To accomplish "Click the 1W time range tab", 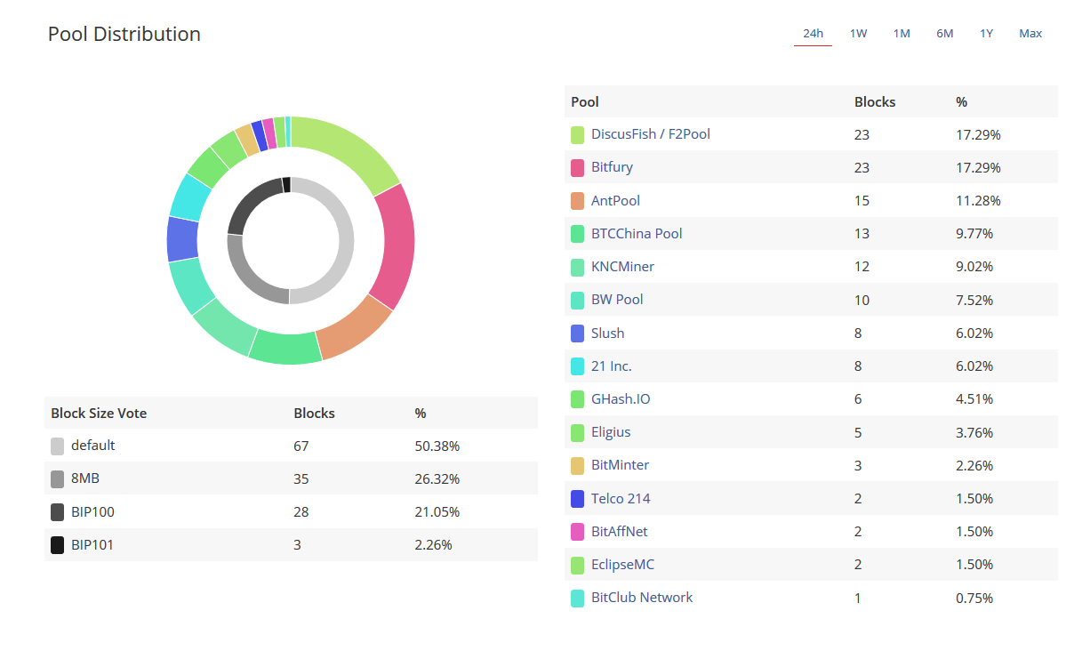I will tap(858, 34).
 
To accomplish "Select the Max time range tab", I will tap(1030, 34).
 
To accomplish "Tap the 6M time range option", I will tap(944, 34).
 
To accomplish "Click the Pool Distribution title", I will tap(124, 34).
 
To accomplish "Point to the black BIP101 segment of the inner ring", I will tap(286, 184).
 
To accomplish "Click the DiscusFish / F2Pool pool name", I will tap(650, 134).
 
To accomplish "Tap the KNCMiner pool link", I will tap(622, 266).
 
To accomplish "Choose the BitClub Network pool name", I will tap(641, 598).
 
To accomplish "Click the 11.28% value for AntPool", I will tap(978, 201).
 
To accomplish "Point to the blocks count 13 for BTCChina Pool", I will tap(862, 234).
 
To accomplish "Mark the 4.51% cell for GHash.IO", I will tap(974, 399).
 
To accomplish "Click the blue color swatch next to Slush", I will tap(578, 334).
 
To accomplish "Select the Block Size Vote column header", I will tap(99, 414).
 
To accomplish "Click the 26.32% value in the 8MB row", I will tap(437, 479).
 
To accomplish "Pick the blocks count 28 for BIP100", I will tap(301, 512).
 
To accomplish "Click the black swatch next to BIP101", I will tap(58, 545).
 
